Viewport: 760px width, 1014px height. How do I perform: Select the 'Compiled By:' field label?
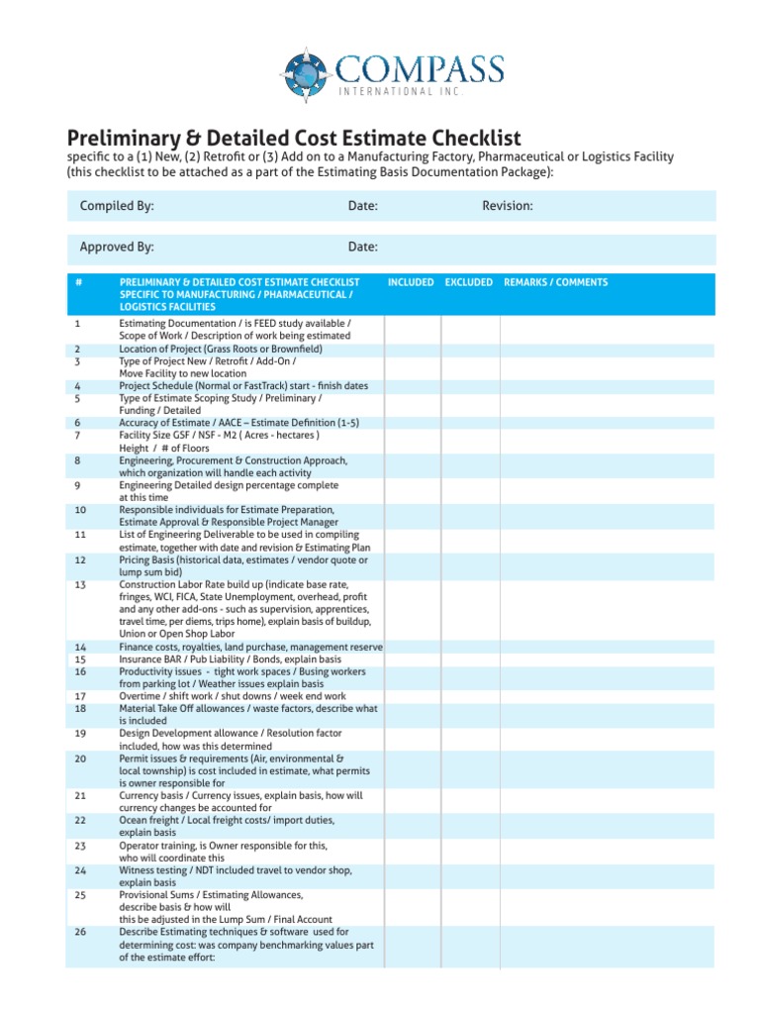coord(117,206)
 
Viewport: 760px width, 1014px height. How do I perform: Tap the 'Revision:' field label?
coord(508,206)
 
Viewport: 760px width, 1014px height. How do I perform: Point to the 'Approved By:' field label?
coord(117,247)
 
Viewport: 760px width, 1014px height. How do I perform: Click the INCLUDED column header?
coord(411,282)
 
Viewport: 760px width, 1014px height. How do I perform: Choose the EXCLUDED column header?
coord(469,282)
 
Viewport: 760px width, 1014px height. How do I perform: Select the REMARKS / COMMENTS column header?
coord(556,282)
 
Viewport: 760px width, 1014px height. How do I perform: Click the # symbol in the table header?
coord(78,282)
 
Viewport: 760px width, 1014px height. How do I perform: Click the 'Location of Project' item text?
coord(221,349)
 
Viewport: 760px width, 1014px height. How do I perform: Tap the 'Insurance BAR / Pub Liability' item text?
coord(231,659)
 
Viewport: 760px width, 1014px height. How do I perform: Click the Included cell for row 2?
coord(413,349)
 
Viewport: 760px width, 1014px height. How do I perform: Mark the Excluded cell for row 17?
coord(470,696)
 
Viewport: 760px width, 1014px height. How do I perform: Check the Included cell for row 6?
coord(413,423)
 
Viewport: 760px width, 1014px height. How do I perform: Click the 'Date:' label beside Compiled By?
coord(363,206)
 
